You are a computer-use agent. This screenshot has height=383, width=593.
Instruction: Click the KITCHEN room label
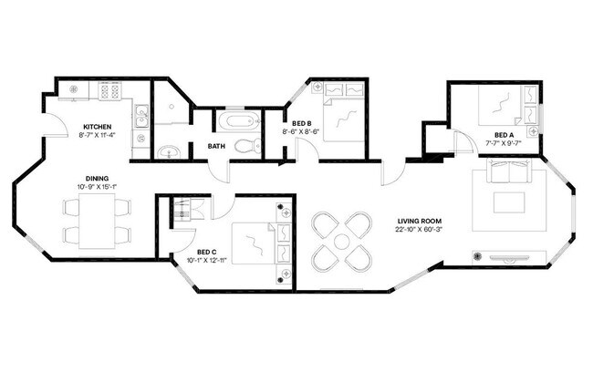(x=98, y=127)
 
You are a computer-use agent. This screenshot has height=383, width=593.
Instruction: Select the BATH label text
(x=216, y=146)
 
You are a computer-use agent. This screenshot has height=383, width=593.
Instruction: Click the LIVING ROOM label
(x=419, y=221)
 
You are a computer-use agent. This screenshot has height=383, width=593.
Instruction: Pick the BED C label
(x=207, y=252)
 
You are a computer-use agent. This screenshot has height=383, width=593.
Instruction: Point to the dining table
(x=97, y=221)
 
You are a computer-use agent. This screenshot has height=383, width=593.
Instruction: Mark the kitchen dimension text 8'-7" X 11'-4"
(x=98, y=136)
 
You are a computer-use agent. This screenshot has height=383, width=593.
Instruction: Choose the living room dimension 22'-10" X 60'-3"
(x=419, y=230)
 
